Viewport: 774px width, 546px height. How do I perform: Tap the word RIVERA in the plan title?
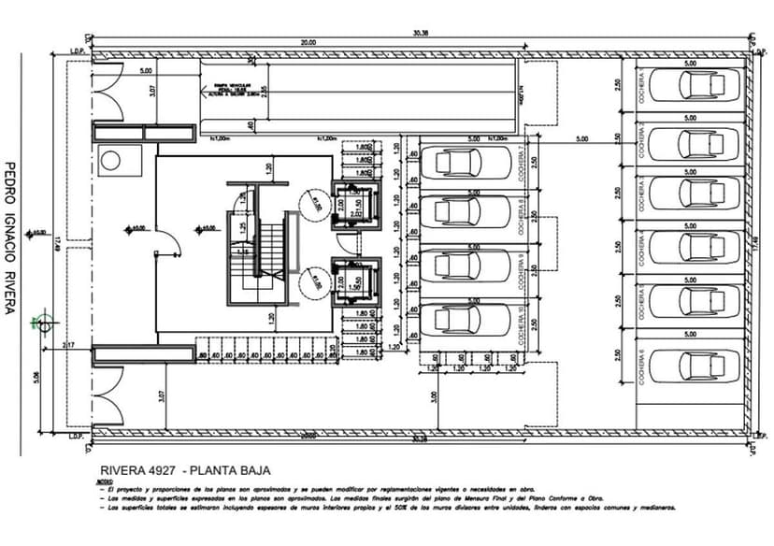click(121, 471)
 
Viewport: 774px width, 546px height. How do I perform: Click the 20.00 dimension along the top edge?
click(308, 42)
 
